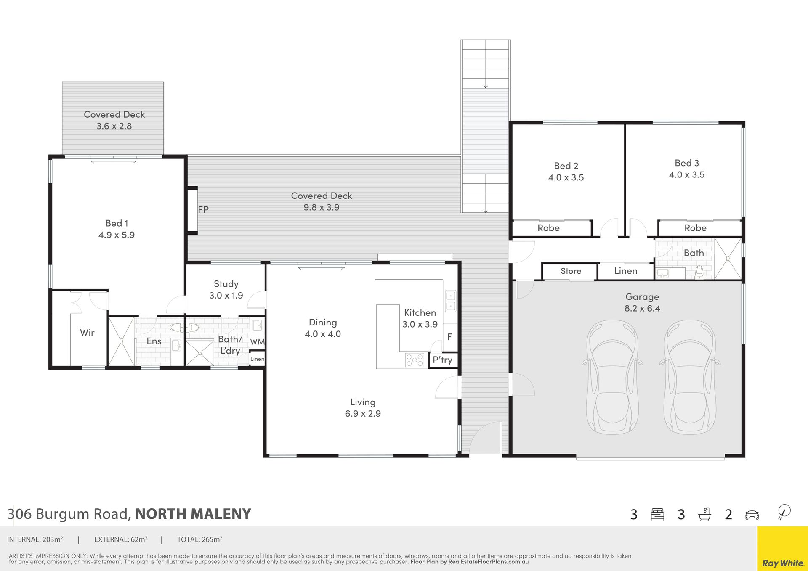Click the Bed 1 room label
[117, 223]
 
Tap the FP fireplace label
[203, 209]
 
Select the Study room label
[226, 284]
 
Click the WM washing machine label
[257, 342]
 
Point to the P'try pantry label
[442, 360]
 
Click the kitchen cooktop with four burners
[415, 360]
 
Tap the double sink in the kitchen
[450, 301]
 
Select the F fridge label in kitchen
[449, 337]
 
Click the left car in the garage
[612, 377]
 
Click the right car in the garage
[690, 377]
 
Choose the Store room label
[571, 271]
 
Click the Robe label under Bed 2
[548, 228]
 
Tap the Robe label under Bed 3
[695, 228]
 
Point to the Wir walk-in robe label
[87, 333]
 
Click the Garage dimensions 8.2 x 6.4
[642, 308]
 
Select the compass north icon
[784, 512]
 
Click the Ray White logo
[783, 563]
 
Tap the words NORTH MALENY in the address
[193, 514]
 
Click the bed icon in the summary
[657, 514]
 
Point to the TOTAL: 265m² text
[199, 539]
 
